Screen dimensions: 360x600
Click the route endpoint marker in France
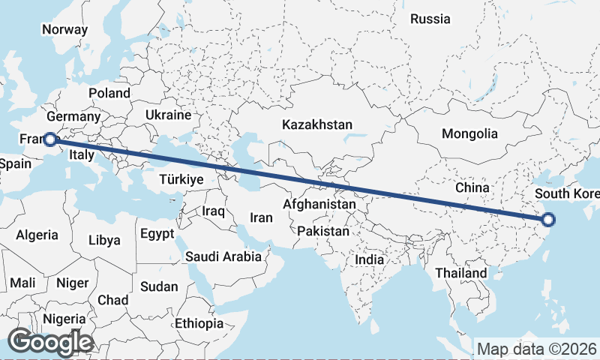click(49, 139)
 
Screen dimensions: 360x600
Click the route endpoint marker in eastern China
click(548, 220)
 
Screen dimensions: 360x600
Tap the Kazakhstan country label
click(317, 124)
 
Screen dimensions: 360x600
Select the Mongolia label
click(470, 134)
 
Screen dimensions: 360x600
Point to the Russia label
click(430, 19)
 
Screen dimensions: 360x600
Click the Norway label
click(64, 30)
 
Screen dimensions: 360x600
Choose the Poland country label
click(109, 93)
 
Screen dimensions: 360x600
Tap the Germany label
click(73, 117)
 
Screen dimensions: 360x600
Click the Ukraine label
click(169, 115)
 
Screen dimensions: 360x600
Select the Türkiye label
click(181, 180)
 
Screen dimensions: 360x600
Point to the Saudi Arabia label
click(223, 256)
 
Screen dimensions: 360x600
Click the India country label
click(369, 259)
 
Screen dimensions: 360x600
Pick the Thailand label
click(460, 273)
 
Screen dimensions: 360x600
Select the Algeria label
click(37, 235)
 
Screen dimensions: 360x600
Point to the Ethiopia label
click(199, 323)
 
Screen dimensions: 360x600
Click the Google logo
click(50, 342)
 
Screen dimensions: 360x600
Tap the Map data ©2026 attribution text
click(536, 349)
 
